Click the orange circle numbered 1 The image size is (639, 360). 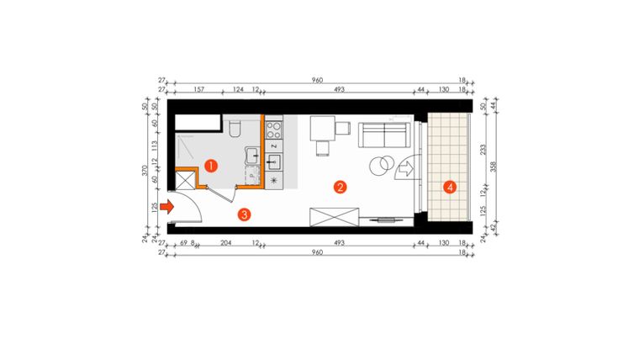[212, 166]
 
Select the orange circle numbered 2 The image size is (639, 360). [340, 187]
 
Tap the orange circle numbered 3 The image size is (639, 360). [244, 214]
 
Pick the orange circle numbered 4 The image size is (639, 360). [451, 187]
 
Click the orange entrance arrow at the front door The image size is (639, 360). [166, 204]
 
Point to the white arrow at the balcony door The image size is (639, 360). [404, 170]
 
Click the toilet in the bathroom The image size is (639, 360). [235, 128]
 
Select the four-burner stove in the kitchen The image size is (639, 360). [274, 130]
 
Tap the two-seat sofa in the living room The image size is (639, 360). [383, 135]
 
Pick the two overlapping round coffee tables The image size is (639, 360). [383, 163]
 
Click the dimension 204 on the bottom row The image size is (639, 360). [225, 241]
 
